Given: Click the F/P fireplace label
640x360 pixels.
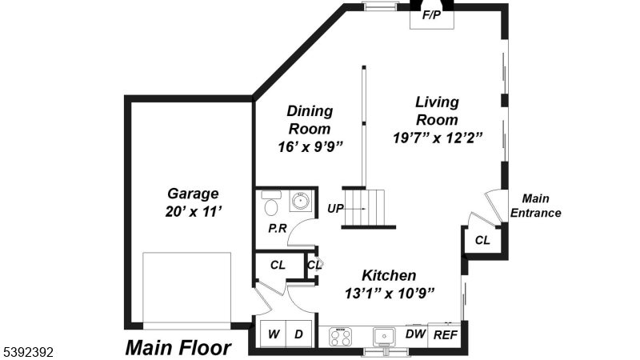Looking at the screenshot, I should pos(432,15).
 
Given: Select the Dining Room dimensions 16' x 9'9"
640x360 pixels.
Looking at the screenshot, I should pos(310,147).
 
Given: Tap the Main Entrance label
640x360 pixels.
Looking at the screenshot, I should pos(535,206).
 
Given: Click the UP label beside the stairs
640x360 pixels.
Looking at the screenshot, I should pos(336,208).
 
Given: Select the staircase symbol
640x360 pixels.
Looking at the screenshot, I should pos(368,209).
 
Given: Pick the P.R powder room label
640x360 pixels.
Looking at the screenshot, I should pos(277,229).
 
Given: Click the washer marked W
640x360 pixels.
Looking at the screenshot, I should pos(273,334).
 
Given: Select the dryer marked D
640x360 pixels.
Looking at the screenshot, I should pos(300,334).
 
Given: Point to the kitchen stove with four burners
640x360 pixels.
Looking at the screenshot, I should pos(340,337).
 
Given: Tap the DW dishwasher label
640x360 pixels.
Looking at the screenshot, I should pos(414,334).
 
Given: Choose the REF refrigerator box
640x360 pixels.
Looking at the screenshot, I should pos(444,335).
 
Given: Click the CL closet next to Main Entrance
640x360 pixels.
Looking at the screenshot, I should pos(482,240).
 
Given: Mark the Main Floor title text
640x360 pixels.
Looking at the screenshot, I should pos(178,348).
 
